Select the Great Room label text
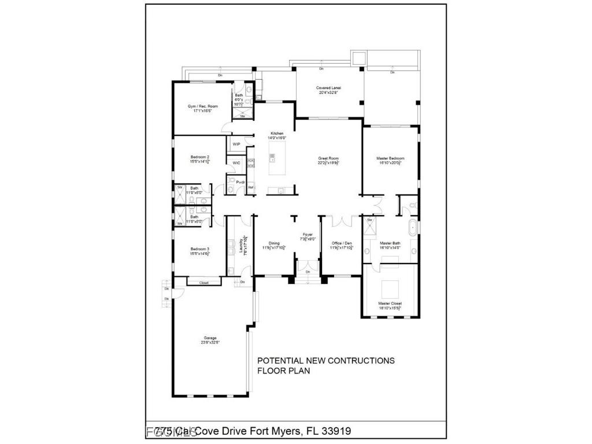(328, 158)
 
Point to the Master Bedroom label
(390, 158)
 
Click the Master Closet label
(390, 303)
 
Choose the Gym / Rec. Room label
(202, 106)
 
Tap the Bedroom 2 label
(200, 157)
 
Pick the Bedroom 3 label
(200, 250)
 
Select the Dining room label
(275, 243)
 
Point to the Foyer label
(308, 235)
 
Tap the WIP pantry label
(236, 144)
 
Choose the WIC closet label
(236, 163)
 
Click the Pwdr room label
(239, 182)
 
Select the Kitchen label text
(277, 134)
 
